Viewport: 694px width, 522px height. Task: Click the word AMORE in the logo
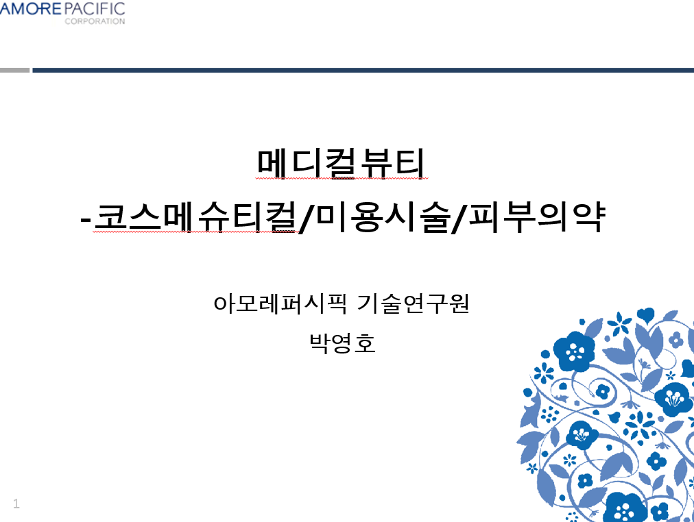(30, 8)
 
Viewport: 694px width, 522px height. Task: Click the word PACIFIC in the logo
(94, 8)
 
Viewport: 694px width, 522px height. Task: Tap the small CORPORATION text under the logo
(95, 21)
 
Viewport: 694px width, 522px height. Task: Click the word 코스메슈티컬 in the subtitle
(195, 217)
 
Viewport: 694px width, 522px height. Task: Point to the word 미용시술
(383, 217)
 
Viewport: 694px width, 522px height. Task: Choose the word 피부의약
(536, 217)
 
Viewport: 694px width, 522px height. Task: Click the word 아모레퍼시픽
(280, 303)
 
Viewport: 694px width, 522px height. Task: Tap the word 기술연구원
(413, 303)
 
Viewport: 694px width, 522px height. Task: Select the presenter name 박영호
(342, 343)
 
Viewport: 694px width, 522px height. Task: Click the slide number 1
(16, 504)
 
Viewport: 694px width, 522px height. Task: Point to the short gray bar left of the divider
(14, 70)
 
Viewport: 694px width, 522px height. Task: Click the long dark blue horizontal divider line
(363, 70)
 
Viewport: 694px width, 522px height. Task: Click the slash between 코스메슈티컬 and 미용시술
(307, 218)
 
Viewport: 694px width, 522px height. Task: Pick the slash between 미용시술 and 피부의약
(459, 218)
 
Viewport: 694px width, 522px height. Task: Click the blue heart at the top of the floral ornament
(645, 314)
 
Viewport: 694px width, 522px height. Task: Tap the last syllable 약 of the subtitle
(588, 217)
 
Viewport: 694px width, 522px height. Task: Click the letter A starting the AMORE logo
(5, 8)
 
